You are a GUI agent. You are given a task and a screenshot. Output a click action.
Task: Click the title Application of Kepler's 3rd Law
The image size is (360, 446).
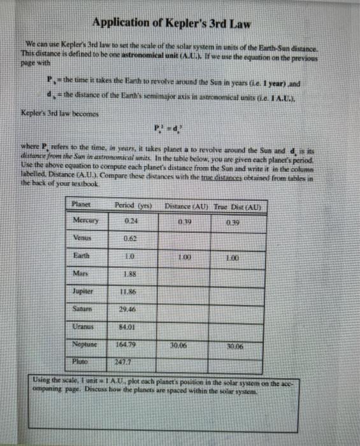point(171,24)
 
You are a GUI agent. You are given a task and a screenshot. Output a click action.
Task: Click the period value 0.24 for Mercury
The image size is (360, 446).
point(129,220)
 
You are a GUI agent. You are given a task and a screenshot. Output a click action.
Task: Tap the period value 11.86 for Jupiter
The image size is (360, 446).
point(129,291)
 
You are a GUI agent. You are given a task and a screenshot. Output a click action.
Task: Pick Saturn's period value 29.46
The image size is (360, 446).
point(129,309)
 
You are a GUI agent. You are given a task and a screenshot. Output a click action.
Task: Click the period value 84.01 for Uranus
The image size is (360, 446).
point(129,327)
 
